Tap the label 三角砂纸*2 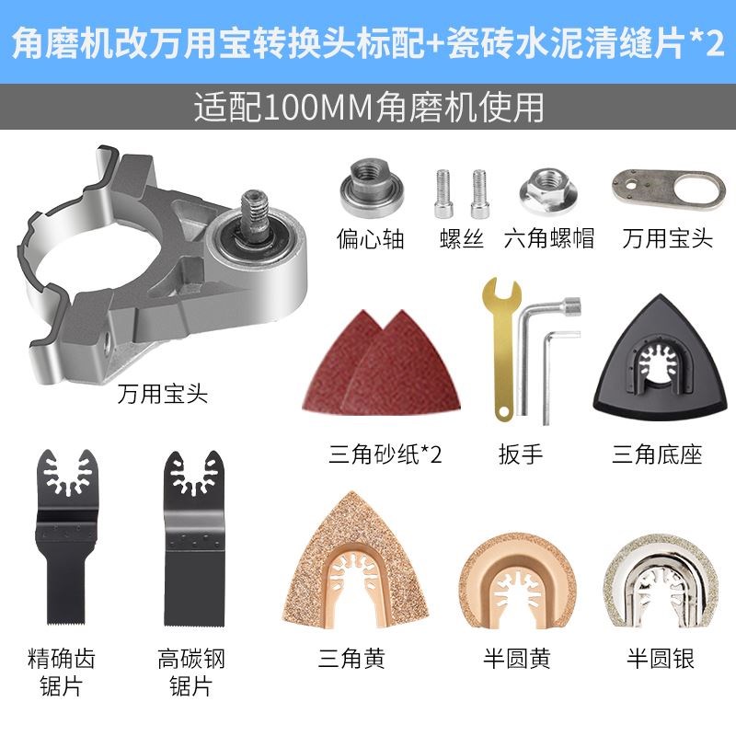click(x=385, y=454)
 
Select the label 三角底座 click(x=657, y=454)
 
